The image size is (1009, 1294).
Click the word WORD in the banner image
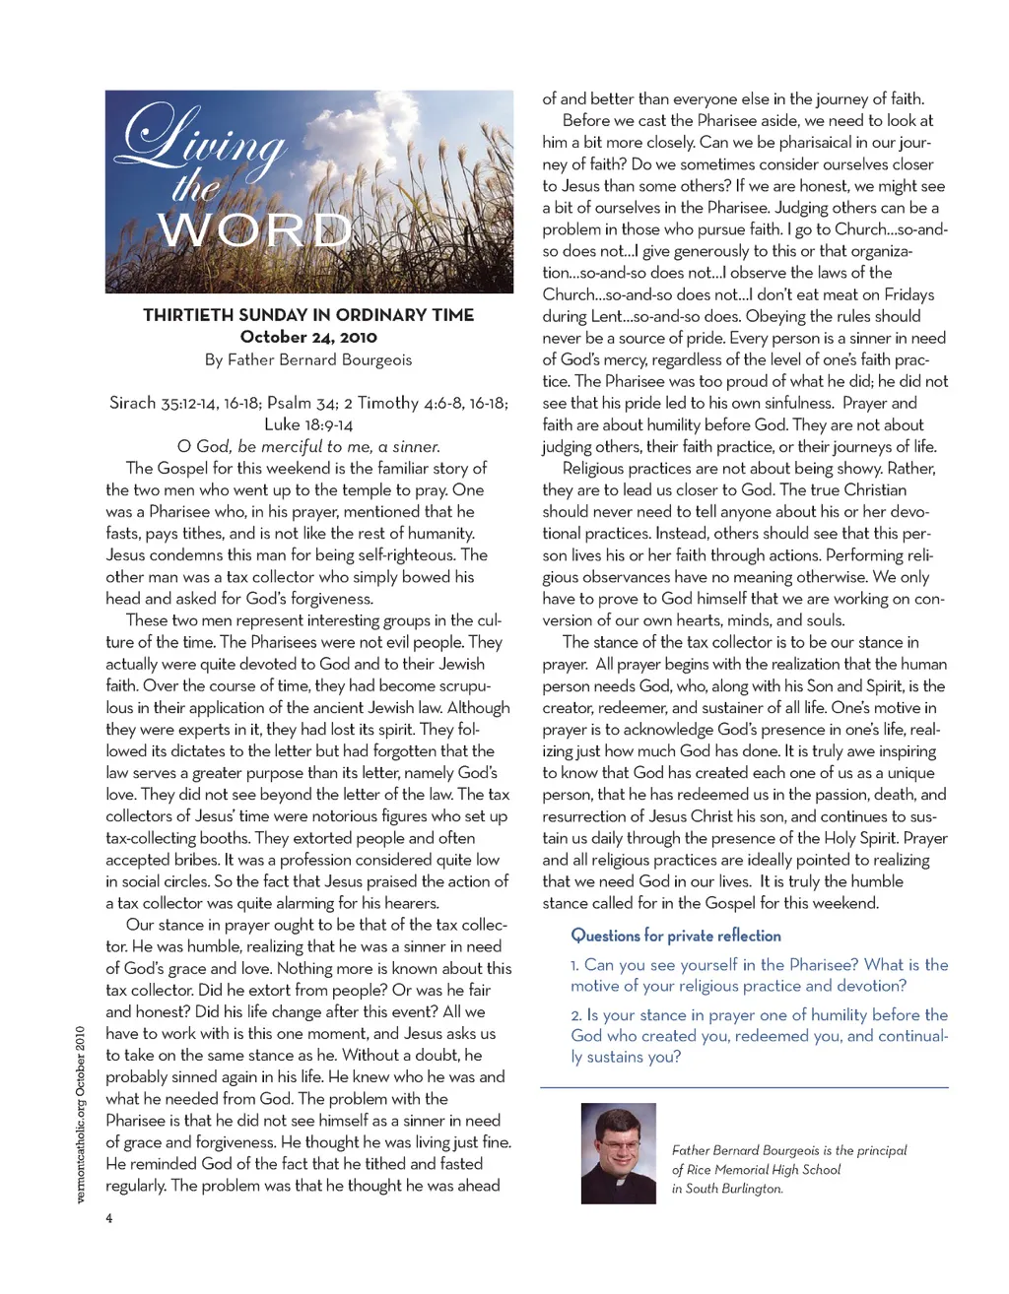click(255, 230)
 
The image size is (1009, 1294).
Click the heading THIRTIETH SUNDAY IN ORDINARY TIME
click(308, 315)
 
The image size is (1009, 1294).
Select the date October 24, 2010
click(308, 337)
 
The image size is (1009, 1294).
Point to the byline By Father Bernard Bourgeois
click(308, 359)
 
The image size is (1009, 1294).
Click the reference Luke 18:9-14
click(308, 424)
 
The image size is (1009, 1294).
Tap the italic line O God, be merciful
click(308, 446)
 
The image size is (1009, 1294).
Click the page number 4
click(109, 1218)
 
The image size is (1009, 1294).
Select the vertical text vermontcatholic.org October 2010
click(81, 1114)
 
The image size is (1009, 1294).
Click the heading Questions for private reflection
click(676, 936)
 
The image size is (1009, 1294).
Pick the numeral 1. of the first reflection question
click(574, 965)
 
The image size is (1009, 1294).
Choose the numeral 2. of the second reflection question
click(575, 1015)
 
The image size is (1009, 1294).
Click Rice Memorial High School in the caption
click(764, 1170)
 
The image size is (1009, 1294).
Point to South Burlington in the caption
click(734, 1189)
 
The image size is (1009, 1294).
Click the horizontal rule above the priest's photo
click(745, 1087)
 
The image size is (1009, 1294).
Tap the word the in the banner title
click(196, 187)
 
